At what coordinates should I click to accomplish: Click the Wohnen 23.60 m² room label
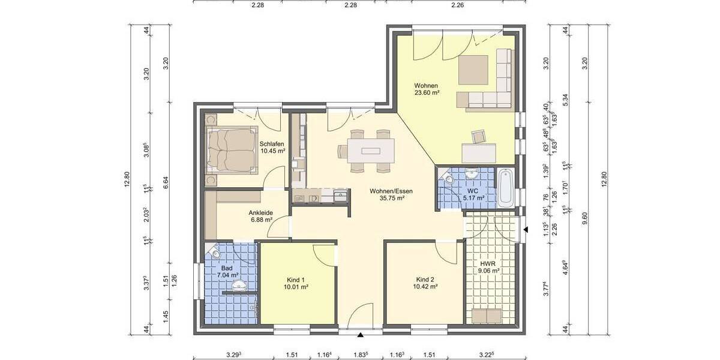pyautogui.click(x=427, y=89)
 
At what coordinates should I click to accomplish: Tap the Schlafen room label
pyautogui.click(x=272, y=147)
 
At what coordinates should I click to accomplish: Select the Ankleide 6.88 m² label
pyautogui.click(x=261, y=216)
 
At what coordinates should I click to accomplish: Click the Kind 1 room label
pyautogui.click(x=296, y=284)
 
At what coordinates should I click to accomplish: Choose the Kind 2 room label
pyautogui.click(x=425, y=283)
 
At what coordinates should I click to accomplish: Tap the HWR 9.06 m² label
pyautogui.click(x=490, y=267)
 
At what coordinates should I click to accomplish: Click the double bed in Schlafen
pyautogui.click(x=232, y=149)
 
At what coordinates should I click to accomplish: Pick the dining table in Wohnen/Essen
pyautogui.click(x=366, y=148)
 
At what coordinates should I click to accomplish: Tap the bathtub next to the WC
pyautogui.click(x=506, y=188)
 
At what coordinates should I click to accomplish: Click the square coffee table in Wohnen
pyautogui.click(x=474, y=70)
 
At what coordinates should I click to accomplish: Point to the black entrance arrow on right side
pyautogui.click(x=526, y=230)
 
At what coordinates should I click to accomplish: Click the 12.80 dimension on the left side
pyautogui.click(x=127, y=180)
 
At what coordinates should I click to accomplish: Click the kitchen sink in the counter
pyautogui.click(x=340, y=195)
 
